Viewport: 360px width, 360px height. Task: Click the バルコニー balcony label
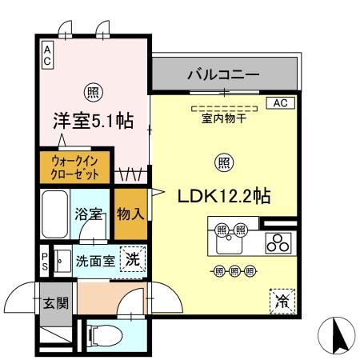(x=223, y=75)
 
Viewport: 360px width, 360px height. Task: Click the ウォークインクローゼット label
(x=75, y=167)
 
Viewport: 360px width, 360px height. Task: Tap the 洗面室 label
(x=95, y=260)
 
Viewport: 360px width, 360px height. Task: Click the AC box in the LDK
(x=281, y=103)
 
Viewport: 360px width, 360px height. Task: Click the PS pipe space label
(x=45, y=261)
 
